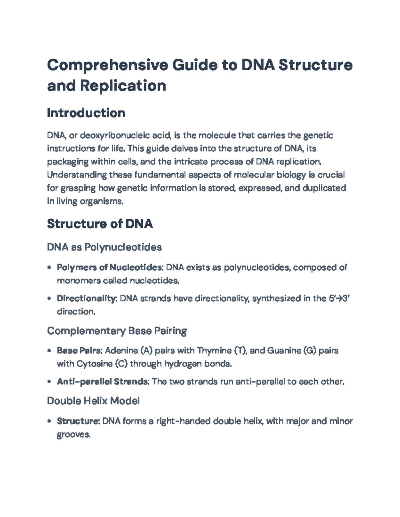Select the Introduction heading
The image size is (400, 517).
pos(86,113)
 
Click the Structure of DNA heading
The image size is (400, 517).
pos(100,224)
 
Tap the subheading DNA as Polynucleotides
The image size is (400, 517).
pos(104,247)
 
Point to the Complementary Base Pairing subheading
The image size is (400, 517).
pos(117,331)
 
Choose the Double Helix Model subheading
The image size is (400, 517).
pos(93,401)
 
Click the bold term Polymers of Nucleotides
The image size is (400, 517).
pos(110,267)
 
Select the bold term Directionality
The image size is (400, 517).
pos(86,298)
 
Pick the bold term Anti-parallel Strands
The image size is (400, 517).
pos(103,382)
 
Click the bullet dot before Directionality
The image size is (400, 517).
pos(49,298)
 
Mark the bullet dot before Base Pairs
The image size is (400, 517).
pos(49,351)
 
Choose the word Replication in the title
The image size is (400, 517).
pos(123,86)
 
